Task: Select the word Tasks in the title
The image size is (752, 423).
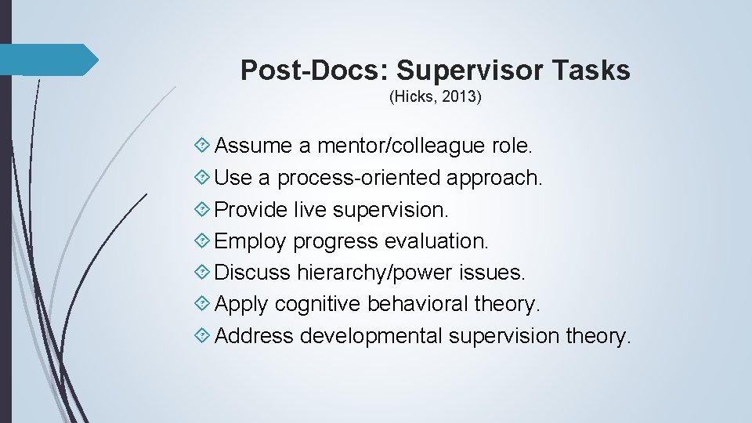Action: (x=594, y=70)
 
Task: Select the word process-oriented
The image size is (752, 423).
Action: (x=360, y=178)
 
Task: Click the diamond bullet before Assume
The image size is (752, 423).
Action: (x=202, y=146)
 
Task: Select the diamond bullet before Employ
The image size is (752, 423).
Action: (x=202, y=241)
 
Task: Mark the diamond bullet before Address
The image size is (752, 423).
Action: (x=202, y=336)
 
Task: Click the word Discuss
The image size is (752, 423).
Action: (x=252, y=273)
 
